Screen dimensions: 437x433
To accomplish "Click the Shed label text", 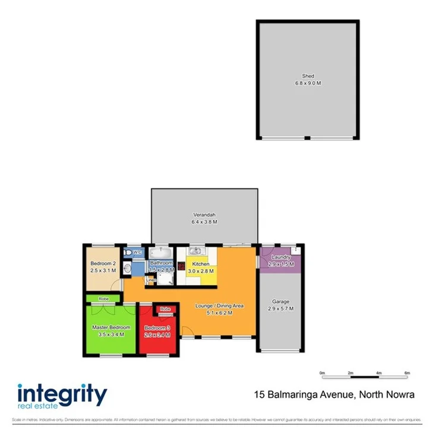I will [308, 76].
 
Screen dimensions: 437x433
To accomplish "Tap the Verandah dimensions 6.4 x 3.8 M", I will [204, 222].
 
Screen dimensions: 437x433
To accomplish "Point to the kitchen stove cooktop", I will [181, 259].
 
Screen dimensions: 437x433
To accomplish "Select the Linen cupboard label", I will [151, 280].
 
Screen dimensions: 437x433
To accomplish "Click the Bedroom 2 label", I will [102, 263].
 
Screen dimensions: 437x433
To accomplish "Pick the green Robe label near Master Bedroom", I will [103, 299].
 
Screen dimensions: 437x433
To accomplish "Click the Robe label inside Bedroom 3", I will [165, 309].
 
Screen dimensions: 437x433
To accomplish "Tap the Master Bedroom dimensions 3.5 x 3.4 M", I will [110, 334].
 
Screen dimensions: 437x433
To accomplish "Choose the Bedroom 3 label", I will [157, 328].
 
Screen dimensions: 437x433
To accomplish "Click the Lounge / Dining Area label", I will [220, 306].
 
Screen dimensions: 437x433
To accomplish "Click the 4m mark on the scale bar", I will [378, 372].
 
